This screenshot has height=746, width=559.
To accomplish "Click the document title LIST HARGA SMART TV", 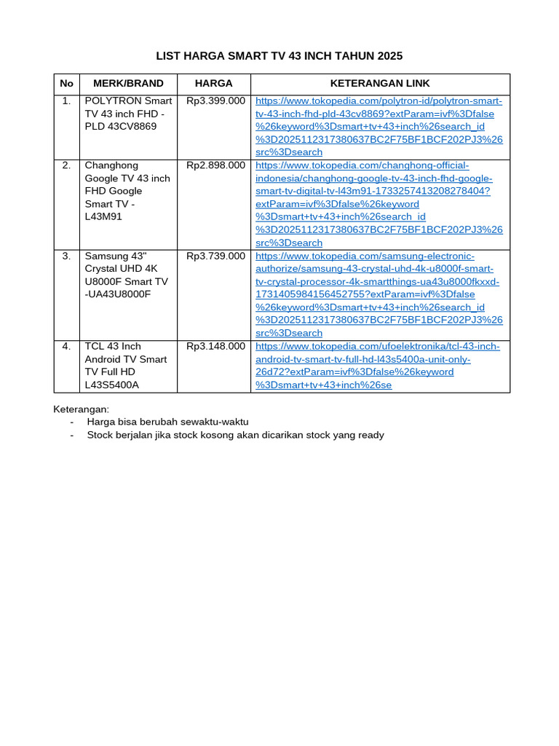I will (x=279, y=56).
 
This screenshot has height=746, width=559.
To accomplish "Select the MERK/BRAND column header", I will (x=128, y=84).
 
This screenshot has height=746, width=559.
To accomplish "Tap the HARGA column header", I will (x=213, y=84).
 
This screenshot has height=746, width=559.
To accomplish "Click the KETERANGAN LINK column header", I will (x=380, y=84).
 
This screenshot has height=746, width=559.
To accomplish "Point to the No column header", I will (x=66, y=84).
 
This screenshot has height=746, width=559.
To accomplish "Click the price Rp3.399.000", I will (x=215, y=101).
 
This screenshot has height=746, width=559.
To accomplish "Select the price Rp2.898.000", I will (x=215, y=165).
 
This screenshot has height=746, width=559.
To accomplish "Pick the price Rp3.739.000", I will (x=215, y=256).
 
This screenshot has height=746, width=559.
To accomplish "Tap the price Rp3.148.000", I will (x=215, y=346).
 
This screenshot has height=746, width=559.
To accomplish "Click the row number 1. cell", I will (x=66, y=101).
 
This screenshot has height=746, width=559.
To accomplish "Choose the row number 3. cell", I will (x=66, y=256).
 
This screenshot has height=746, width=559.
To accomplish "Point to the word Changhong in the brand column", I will (x=111, y=165).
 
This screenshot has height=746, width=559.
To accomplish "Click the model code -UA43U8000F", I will (x=118, y=294).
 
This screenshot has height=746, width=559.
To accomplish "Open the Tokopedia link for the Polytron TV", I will (x=378, y=126).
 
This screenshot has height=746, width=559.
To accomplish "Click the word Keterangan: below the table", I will (x=82, y=409).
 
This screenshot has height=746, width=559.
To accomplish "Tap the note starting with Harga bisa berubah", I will (x=167, y=422).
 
